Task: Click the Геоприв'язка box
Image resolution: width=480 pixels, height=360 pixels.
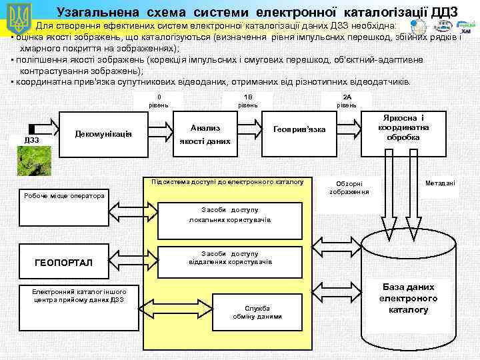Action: pyautogui.click(x=299, y=128)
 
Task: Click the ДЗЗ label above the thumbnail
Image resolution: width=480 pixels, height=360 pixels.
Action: pyautogui.click(x=31, y=140)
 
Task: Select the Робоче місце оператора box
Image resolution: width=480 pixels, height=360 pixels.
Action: pyautogui.click(x=64, y=197)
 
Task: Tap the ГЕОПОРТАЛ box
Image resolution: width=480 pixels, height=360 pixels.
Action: pyautogui.click(x=65, y=263)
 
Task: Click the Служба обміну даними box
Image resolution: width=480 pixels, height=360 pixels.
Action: pyautogui.click(x=257, y=311)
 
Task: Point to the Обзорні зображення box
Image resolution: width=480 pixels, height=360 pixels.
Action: pyautogui.click(x=349, y=187)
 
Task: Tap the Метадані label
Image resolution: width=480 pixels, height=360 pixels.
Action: pyautogui.click(x=440, y=183)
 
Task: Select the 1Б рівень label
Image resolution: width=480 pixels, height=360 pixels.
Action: pyautogui.click(x=248, y=101)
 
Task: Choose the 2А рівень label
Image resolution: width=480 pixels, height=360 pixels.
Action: pyautogui.click(x=347, y=101)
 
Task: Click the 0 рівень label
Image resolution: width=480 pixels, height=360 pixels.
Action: pyautogui.click(x=159, y=101)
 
